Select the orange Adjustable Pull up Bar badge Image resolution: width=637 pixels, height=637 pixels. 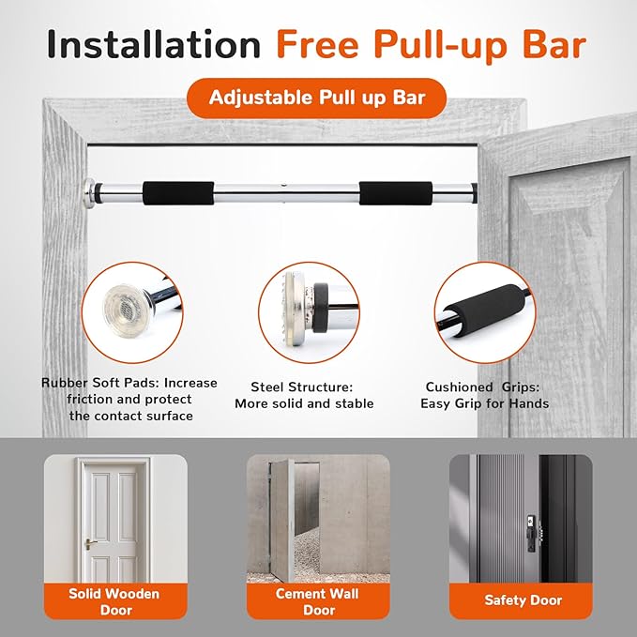point(317,98)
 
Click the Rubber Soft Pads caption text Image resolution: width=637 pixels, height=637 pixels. point(129,399)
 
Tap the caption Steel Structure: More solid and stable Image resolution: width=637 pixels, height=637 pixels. point(304,395)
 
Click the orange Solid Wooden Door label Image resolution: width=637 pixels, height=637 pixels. point(113,600)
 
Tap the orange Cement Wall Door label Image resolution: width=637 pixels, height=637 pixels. point(317,600)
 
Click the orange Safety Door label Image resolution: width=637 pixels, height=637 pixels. point(521,599)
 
